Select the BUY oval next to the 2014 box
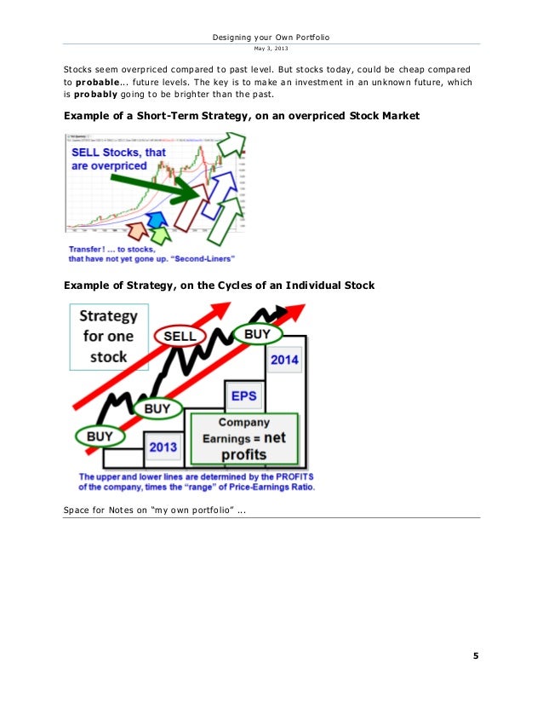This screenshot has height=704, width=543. [x=257, y=335]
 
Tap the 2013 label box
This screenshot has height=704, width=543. [x=163, y=446]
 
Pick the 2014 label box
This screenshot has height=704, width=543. [x=284, y=360]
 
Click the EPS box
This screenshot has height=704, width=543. [x=243, y=395]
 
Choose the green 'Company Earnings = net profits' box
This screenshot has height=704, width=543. [x=243, y=438]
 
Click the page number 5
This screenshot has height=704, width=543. [x=476, y=655]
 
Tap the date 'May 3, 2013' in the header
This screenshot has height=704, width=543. [x=271, y=49]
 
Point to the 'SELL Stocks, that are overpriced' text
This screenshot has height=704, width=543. [x=112, y=159]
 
